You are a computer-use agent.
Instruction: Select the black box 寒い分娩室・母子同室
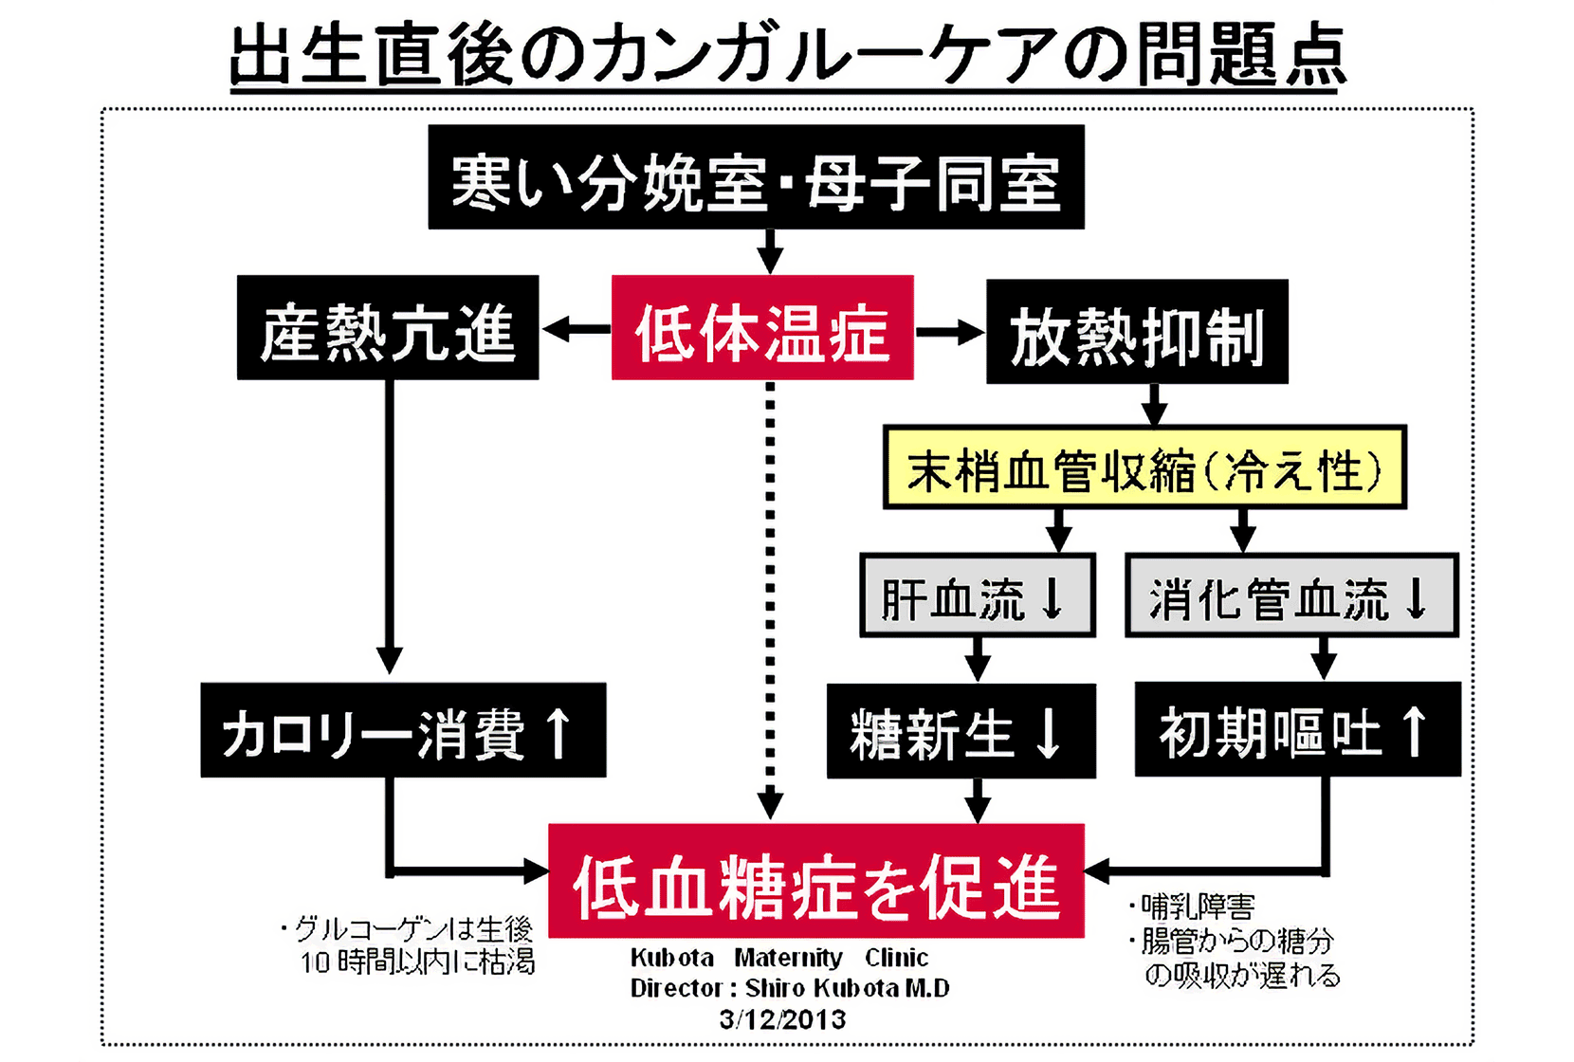click(756, 177)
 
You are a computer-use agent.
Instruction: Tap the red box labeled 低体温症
click(762, 328)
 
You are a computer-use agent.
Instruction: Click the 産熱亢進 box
click(388, 328)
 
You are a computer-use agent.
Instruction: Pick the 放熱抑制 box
click(1137, 332)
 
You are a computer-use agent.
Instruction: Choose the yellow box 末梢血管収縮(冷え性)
click(1144, 467)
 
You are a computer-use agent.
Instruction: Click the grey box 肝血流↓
click(978, 595)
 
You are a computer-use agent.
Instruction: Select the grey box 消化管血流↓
click(1291, 595)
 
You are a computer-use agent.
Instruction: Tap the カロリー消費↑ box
click(403, 730)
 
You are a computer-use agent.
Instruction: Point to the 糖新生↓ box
click(961, 731)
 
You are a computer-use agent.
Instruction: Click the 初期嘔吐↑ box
click(1297, 729)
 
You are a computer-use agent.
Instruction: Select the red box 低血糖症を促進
click(816, 882)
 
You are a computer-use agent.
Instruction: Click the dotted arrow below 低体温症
click(770, 597)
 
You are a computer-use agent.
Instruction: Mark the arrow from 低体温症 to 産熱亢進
click(576, 330)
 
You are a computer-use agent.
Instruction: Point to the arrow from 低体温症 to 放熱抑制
click(949, 332)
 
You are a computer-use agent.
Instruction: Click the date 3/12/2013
click(782, 1019)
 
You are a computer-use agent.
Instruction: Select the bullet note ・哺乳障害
click(1192, 907)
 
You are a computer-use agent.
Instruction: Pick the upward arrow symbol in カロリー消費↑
click(559, 732)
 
